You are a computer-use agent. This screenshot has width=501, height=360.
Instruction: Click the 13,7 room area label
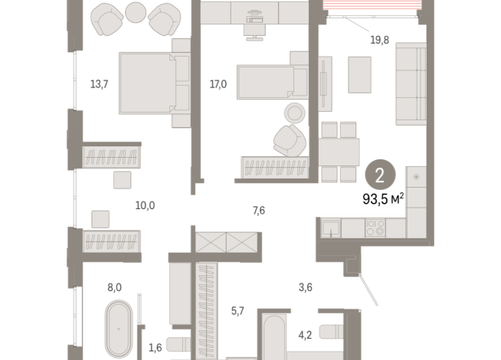(x=99, y=84)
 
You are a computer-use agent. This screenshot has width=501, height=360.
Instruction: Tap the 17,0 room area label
(x=218, y=84)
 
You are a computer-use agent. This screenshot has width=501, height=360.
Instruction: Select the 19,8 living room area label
(x=380, y=41)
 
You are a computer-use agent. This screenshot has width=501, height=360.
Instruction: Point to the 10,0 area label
(x=145, y=205)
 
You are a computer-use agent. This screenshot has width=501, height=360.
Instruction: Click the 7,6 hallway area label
(x=259, y=211)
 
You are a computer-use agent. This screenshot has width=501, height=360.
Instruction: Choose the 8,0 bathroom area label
(x=114, y=287)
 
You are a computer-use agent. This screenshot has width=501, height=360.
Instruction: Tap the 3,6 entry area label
(x=306, y=287)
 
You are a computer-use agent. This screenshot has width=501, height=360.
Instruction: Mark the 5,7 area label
(x=237, y=311)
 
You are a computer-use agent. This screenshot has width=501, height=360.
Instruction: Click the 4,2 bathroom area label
(x=305, y=335)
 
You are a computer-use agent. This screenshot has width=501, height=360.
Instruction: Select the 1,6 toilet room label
(x=156, y=348)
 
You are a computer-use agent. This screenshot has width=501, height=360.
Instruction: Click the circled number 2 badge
(x=380, y=175)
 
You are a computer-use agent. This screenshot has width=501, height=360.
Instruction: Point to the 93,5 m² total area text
(x=383, y=199)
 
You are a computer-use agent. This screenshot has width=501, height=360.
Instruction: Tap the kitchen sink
(x=331, y=228)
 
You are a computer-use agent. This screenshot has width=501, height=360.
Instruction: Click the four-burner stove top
(x=375, y=227)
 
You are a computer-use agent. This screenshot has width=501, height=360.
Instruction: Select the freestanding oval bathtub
(x=119, y=329)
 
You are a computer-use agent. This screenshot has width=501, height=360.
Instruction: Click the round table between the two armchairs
(x=136, y=12)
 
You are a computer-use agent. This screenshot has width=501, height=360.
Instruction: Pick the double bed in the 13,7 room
(x=155, y=83)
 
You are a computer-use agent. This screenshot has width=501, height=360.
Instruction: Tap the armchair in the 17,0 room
(x=290, y=140)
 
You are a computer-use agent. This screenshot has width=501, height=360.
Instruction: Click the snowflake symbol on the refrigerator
(x=416, y=177)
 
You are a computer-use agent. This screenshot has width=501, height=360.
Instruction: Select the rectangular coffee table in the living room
(x=360, y=75)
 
